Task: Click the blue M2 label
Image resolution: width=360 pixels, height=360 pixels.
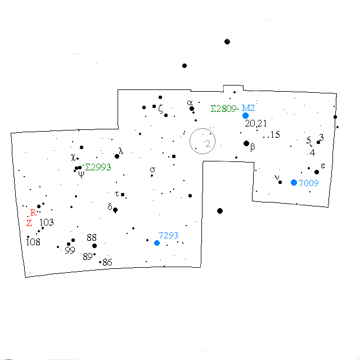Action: click(248, 108)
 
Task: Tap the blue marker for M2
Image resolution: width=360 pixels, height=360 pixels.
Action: click(245, 115)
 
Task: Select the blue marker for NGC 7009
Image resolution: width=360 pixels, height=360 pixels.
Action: click(294, 182)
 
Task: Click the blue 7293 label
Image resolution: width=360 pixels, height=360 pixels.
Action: click(168, 235)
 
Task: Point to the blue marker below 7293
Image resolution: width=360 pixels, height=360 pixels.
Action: click(157, 243)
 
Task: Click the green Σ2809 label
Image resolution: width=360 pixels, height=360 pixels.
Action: click(223, 109)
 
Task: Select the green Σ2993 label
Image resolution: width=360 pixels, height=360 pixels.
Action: click(98, 167)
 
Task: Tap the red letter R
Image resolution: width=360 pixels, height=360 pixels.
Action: click(33, 213)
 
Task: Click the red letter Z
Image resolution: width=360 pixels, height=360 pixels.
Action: click(29, 223)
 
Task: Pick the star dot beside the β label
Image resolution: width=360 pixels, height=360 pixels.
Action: click(246, 143)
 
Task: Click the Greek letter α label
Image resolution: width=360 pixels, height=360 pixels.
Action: click(190, 102)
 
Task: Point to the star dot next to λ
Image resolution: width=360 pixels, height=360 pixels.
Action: click(117, 156)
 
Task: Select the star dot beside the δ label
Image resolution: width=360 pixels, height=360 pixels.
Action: click(115, 210)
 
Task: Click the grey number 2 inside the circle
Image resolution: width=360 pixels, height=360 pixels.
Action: click(208, 143)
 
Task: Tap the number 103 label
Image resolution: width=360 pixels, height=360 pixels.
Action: click(47, 222)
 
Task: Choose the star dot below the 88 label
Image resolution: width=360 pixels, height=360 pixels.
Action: click(94, 246)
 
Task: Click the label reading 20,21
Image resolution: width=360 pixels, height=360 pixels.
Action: click(256, 124)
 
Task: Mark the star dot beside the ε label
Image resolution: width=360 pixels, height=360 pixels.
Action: click(317, 172)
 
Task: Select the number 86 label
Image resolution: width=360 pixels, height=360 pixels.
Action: click(107, 262)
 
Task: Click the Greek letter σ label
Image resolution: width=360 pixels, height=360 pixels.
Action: click(152, 170)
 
